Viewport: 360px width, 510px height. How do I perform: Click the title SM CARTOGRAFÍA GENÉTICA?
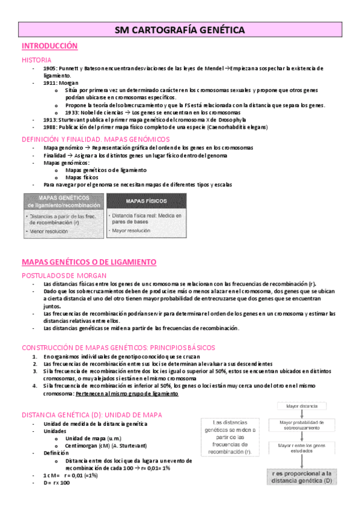click(180, 29)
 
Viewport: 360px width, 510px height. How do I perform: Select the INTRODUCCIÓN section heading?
click(50, 46)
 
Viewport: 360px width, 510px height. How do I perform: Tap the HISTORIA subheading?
click(37, 60)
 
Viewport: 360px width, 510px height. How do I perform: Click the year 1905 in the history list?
click(50, 69)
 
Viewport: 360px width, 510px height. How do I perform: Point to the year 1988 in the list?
click(50, 127)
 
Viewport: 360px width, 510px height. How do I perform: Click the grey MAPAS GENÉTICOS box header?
click(63, 201)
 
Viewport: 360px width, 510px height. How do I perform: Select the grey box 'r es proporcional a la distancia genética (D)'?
click(302, 477)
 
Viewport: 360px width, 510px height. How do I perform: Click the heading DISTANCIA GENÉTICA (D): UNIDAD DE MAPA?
click(91, 415)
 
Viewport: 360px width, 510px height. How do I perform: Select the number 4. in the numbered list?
click(36, 386)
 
